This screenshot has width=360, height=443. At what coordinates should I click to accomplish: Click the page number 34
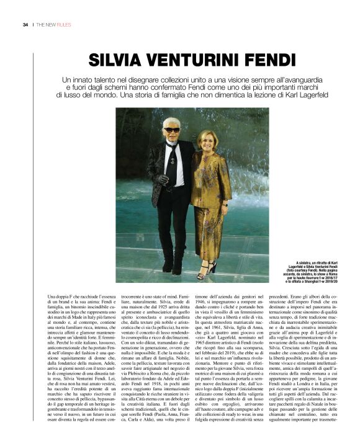point(25,25)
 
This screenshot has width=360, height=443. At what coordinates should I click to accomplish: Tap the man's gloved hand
point(163,179)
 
